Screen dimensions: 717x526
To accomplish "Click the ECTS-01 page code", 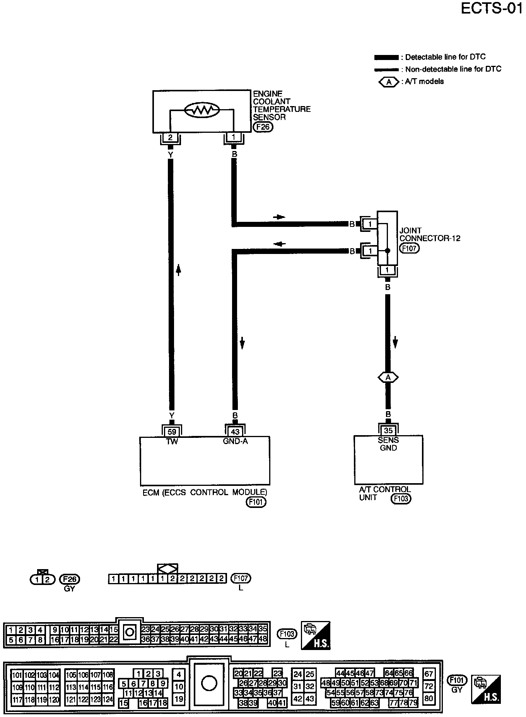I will [491, 9].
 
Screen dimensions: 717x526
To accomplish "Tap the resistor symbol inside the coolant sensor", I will [202, 110].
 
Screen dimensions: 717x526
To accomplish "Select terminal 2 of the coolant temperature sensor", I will [170, 137].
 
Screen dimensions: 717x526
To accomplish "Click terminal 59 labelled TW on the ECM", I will [172, 431].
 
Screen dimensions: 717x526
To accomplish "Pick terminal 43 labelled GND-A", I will [235, 431].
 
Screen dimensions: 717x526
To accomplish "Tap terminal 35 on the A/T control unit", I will [388, 430].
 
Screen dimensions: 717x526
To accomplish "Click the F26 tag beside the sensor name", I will [263, 127].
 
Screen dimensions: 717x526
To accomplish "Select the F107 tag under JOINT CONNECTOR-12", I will [409, 248].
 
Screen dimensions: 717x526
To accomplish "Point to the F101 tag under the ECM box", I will [256, 502].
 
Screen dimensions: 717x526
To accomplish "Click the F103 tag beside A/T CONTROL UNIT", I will [401, 499].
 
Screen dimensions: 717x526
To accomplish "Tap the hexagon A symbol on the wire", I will [388, 377].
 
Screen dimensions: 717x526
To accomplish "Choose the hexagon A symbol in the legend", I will [389, 82].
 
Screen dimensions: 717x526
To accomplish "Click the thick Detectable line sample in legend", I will [386, 58].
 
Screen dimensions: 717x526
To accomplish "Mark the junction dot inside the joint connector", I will [388, 250].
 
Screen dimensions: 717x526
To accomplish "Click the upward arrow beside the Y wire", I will [178, 269].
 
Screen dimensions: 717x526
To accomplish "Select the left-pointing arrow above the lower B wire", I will [279, 244].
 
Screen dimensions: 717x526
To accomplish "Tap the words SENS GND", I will [388, 444].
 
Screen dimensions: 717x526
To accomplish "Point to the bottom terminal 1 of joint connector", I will [388, 270].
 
